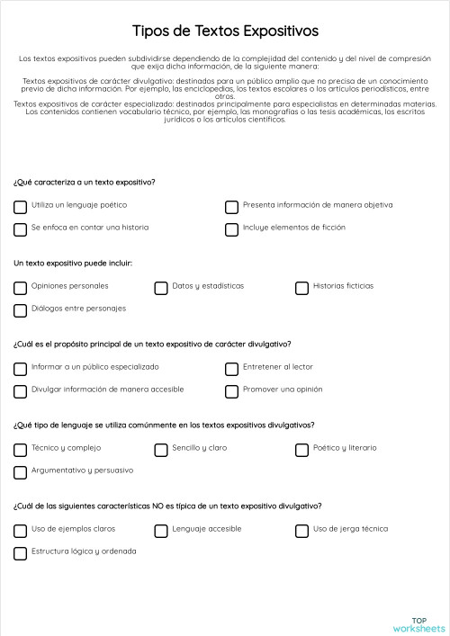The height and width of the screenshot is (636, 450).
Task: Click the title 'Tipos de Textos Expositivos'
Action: (x=225, y=31)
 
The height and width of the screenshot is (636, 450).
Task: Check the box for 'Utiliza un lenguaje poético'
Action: (x=20, y=207)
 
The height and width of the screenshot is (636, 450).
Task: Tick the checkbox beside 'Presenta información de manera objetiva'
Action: (x=231, y=207)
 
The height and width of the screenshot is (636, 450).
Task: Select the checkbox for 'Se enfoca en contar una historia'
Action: (x=20, y=229)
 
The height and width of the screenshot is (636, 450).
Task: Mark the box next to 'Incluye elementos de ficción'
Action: (x=231, y=229)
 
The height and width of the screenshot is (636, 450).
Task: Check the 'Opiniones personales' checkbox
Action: (x=20, y=288)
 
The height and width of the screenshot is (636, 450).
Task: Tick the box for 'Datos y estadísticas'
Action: (x=161, y=288)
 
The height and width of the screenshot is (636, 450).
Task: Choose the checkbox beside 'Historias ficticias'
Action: (x=301, y=288)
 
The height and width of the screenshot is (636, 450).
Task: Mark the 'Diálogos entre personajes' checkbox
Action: (x=20, y=310)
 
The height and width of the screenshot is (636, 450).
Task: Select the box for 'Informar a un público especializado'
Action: (x=20, y=369)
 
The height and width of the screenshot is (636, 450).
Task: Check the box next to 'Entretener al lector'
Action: (x=231, y=369)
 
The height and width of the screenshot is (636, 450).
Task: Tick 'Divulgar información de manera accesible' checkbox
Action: (x=20, y=391)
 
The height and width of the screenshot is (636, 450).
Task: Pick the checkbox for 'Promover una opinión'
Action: (x=231, y=391)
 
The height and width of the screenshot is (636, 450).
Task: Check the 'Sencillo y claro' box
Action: (x=161, y=450)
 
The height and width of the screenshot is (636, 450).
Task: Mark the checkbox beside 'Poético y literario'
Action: (x=301, y=450)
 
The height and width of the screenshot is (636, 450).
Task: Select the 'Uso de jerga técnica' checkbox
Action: (x=301, y=531)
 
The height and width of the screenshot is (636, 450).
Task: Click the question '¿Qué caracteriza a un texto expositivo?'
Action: (x=85, y=183)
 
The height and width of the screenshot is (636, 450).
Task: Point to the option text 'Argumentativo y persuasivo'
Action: (x=82, y=470)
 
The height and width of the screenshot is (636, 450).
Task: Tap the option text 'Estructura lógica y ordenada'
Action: (x=84, y=551)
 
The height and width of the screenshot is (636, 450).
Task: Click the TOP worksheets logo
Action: (x=418, y=623)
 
